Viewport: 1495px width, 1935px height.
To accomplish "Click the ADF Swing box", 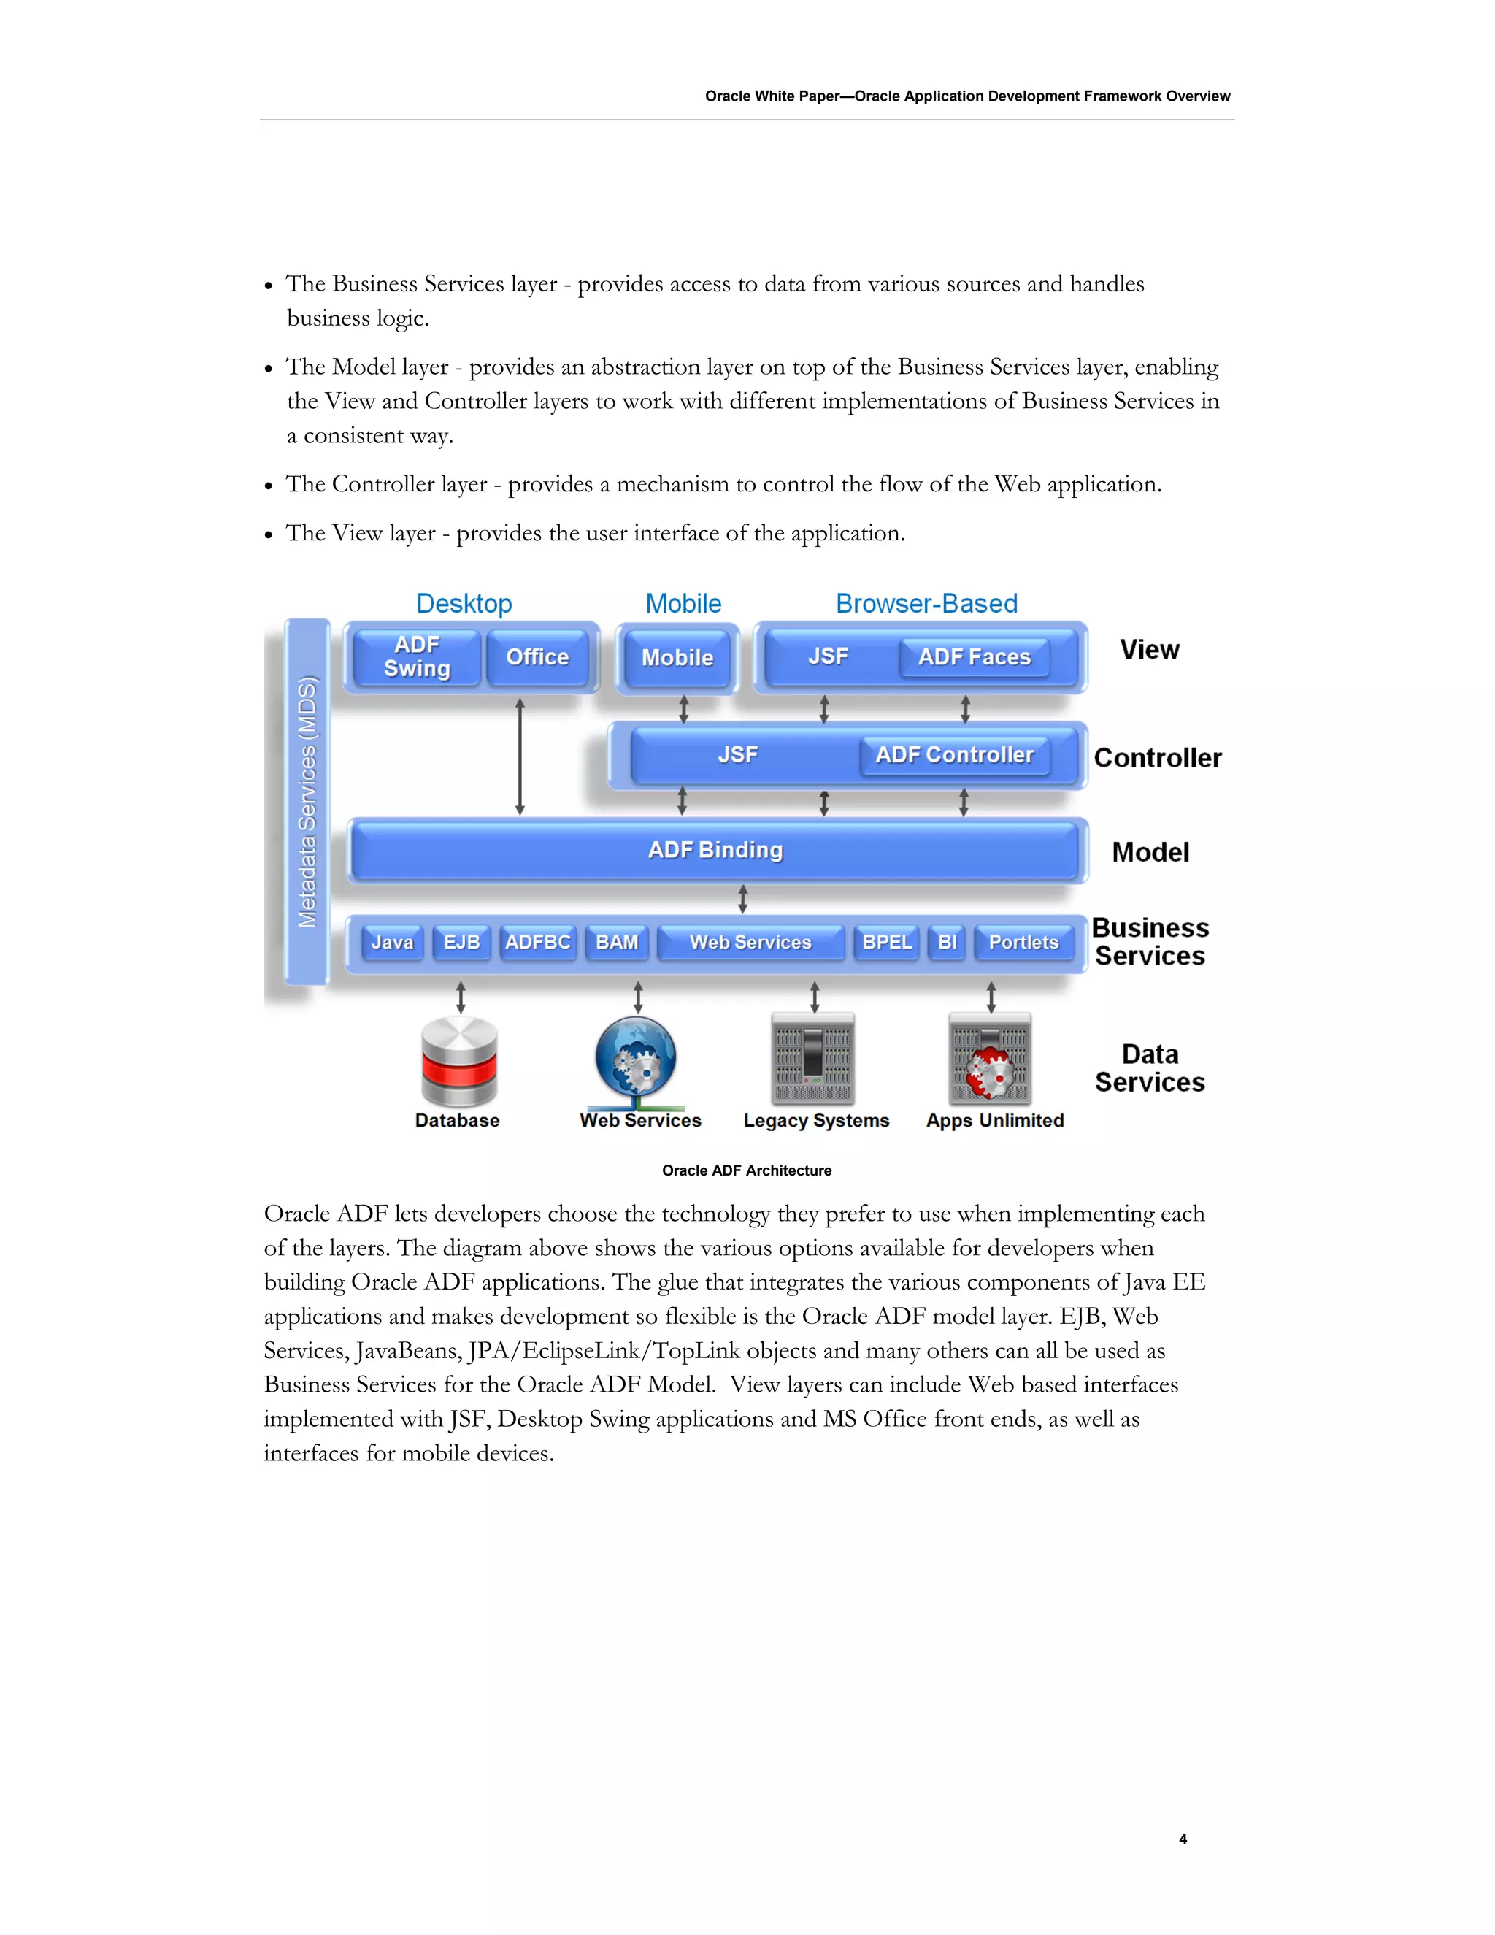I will coord(416,656).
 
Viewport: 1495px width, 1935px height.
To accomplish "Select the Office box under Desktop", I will coord(537,656).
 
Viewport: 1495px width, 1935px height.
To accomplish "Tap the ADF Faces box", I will coord(975,656).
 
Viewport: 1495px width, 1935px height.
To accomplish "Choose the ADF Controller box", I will coord(954,755).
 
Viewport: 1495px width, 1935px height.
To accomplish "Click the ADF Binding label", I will coord(715,850).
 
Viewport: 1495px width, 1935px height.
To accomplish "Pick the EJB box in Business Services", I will coord(461,942).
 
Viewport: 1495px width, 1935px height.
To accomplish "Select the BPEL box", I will coord(886,942).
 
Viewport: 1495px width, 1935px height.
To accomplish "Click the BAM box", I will coord(616,942).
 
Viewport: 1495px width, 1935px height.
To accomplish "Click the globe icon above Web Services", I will coord(636,1060).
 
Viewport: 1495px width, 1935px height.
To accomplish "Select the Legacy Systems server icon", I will coord(813,1058).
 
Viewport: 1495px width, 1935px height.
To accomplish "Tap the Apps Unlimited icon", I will coord(990,1058).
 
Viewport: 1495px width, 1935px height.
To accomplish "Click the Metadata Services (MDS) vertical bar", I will coord(307,802).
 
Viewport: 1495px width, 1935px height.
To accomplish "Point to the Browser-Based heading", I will coord(926,603).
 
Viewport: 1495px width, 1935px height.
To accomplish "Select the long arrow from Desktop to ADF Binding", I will coord(520,756).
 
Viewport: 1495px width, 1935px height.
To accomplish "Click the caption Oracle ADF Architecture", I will coord(747,1170).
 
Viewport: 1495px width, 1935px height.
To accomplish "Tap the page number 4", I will coord(1183,1839).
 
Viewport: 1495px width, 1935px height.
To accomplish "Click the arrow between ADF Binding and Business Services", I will coord(742,898).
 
